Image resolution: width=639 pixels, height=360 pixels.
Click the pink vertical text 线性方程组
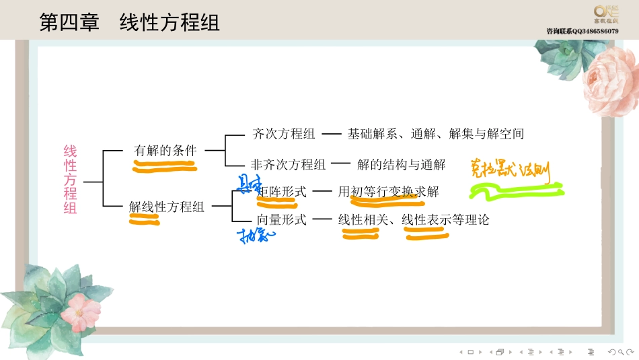tap(71, 180)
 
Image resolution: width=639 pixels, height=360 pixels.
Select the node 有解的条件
tap(165, 151)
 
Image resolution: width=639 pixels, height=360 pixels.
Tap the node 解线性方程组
tap(167, 207)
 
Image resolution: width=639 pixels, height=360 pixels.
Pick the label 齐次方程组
tap(283, 134)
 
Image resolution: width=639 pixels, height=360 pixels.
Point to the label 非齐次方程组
tap(288, 164)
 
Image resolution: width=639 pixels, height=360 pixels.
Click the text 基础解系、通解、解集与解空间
tap(435, 134)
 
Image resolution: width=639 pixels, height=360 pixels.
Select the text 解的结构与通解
tap(401, 164)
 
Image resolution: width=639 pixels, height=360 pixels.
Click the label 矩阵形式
tap(282, 192)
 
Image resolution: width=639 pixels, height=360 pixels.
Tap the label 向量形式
tap(282, 219)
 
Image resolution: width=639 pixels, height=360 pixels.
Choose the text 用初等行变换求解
tap(388, 192)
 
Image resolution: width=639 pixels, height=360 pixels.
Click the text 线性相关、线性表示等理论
tap(414, 219)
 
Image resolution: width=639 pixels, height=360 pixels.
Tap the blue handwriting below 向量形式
tap(254, 235)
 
